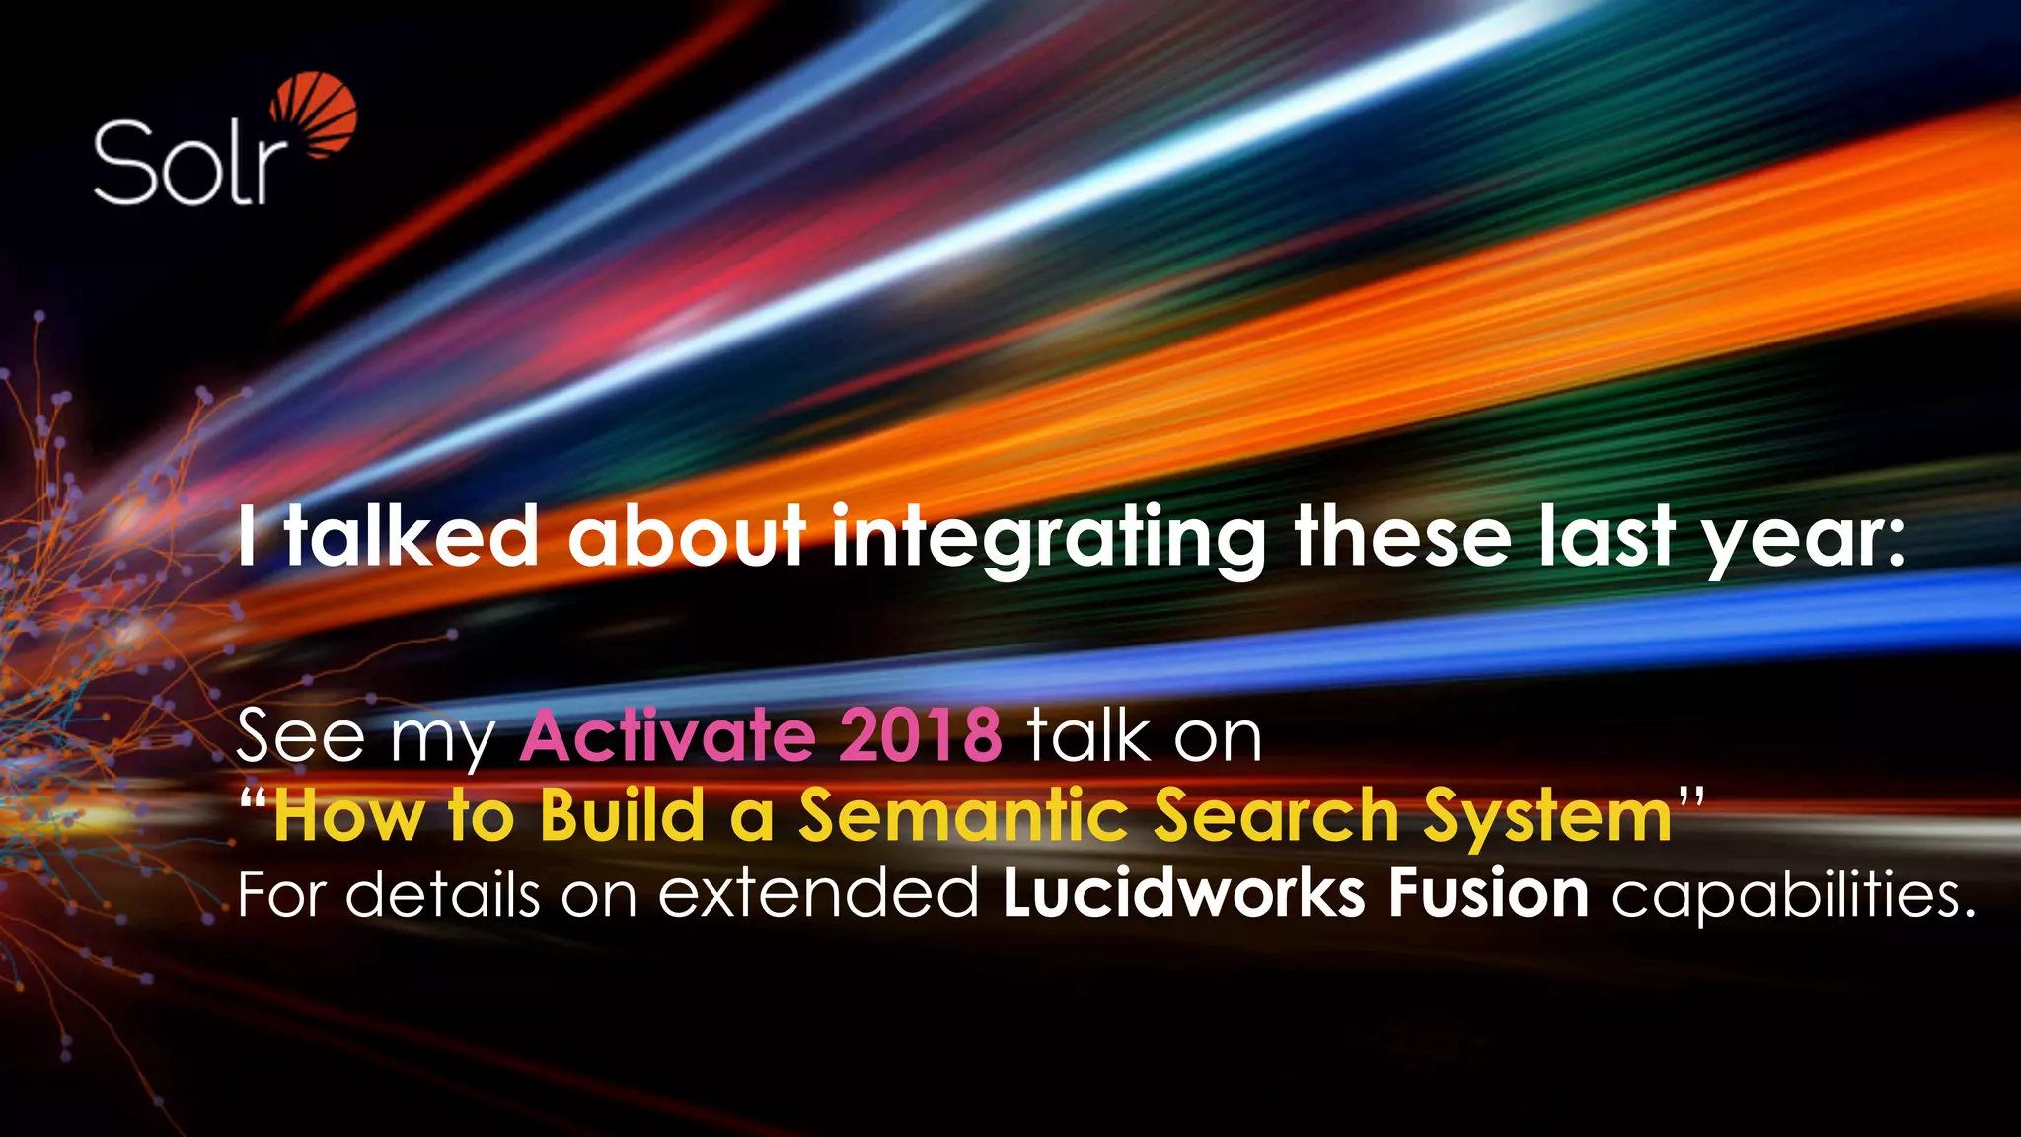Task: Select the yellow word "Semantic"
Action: click(963, 816)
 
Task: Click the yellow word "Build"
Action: click(623, 816)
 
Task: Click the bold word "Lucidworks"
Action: click(1183, 893)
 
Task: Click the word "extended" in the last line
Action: click(819, 893)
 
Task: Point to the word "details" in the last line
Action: click(443, 893)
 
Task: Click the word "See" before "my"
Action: click(300, 735)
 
